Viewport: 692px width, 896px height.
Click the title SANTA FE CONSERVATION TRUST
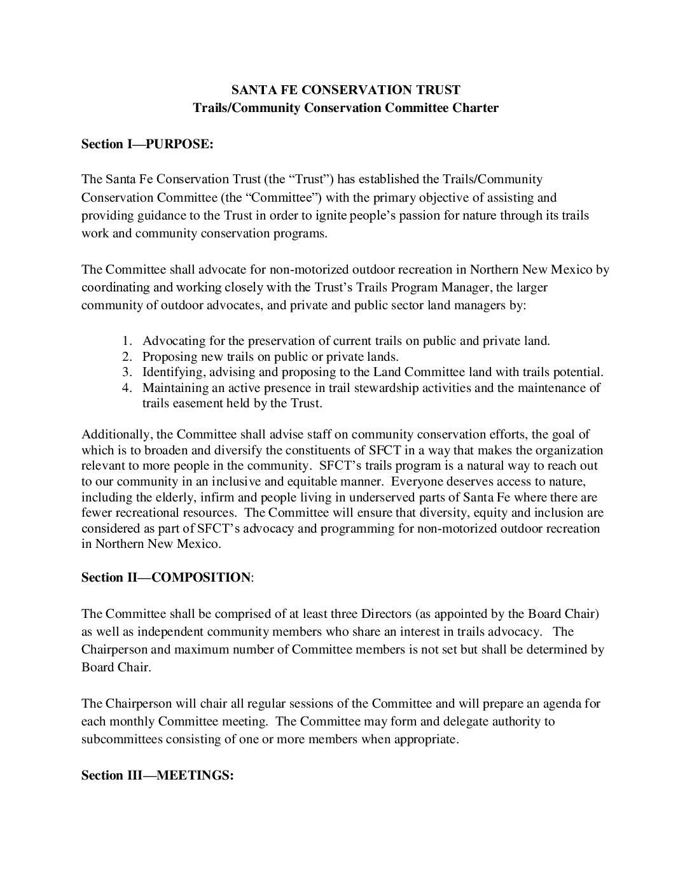(x=345, y=90)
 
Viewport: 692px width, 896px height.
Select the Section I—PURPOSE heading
(x=147, y=144)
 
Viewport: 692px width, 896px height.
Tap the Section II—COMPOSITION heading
(x=167, y=577)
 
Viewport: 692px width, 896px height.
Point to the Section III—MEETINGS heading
(x=158, y=776)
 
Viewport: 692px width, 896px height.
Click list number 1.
(x=127, y=340)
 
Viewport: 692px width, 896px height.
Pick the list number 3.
(x=127, y=372)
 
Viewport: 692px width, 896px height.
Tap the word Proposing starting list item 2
(x=169, y=356)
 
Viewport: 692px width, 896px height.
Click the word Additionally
(x=117, y=435)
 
